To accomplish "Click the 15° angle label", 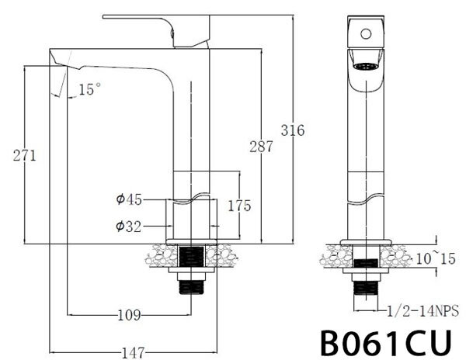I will coord(89,91).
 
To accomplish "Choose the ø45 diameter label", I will coord(128,200).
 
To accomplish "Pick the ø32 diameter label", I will coord(128,227).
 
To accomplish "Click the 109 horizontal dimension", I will coord(129,315).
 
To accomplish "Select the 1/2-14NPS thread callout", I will coord(423,312).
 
